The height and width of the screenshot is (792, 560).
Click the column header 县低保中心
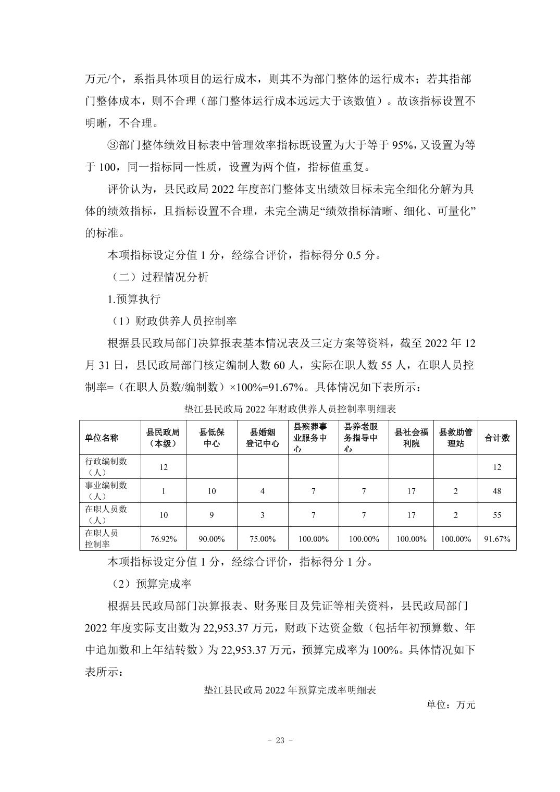click(211, 438)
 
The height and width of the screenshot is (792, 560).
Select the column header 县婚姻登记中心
click(262, 438)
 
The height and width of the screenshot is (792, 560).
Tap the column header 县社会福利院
click(411, 438)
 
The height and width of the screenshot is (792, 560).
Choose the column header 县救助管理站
click(456, 438)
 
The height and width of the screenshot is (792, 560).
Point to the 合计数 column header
click(497, 438)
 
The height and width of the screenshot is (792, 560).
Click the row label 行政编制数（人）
click(109, 467)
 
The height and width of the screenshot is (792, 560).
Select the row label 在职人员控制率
click(109, 539)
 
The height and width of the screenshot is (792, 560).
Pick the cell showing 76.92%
click(164, 539)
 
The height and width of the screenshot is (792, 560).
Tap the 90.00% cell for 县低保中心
click(211, 539)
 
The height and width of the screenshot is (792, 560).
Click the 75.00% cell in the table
click(262, 539)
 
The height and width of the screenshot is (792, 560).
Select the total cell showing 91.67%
click(497, 539)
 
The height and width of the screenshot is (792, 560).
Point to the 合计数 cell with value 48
click(497, 491)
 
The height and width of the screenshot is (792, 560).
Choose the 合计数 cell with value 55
click(497, 515)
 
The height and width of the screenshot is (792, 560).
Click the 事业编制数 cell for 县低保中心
click(211, 491)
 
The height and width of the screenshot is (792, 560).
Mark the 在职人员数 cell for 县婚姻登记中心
click(262, 515)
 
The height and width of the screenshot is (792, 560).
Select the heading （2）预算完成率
click(150, 584)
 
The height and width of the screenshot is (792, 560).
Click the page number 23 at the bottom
click(280, 741)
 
